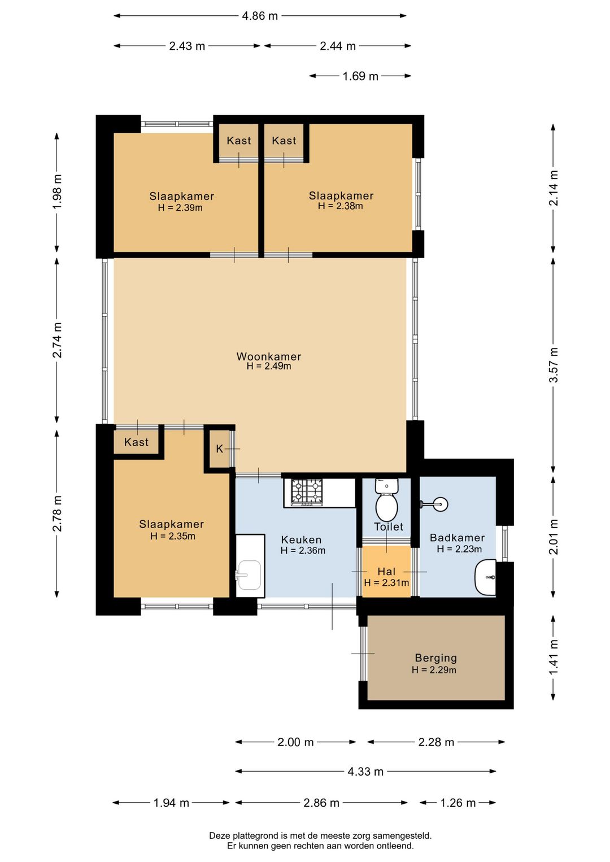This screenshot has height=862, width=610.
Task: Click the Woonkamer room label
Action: tap(269, 356)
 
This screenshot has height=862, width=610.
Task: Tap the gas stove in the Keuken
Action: tap(306, 492)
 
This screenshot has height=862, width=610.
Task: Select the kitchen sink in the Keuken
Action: tap(250, 575)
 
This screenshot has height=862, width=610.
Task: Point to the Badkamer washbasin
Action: tap(485, 577)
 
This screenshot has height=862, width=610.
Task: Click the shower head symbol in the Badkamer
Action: tap(434, 503)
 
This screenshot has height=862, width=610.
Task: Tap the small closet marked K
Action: tap(219, 449)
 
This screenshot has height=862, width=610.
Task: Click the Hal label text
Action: tap(386, 572)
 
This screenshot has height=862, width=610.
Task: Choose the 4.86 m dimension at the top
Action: tap(260, 16)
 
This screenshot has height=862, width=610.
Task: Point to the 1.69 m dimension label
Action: tap(360, 76)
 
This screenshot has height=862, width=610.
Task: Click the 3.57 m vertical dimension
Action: tap(554, 365)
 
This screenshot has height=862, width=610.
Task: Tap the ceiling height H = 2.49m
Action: tap(269, 366)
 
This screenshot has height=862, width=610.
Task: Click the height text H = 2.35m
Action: tap(172, 536)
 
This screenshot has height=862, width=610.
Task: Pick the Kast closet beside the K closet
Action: tap(136, 442)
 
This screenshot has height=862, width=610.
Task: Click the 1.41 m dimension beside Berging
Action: tap(554, 658)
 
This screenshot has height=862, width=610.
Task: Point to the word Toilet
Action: tap(389, 526)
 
